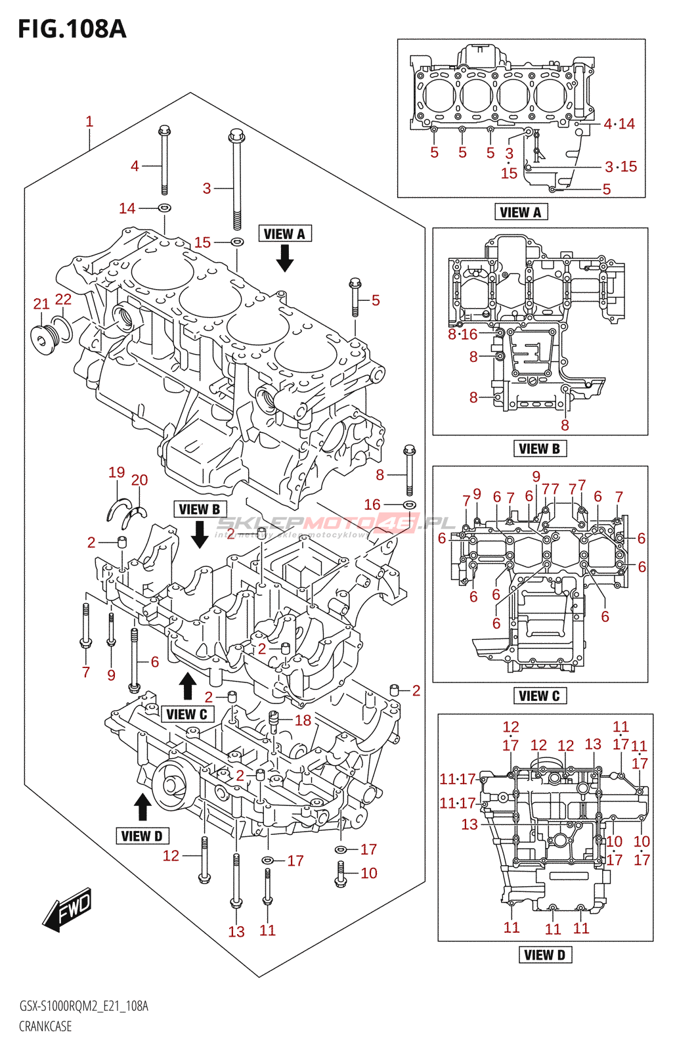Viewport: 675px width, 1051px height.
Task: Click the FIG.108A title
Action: tap(72, 30)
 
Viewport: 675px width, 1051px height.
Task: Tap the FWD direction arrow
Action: tap(67, 910)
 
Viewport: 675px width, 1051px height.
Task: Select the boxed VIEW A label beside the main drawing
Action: tap(284, 234)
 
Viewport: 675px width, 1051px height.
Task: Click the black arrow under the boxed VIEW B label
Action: tap(200, 535)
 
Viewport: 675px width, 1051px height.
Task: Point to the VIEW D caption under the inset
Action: tap(545, 955)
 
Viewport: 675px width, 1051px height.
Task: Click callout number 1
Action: tap(89, 122)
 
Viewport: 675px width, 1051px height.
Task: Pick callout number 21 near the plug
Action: tap(41, 303)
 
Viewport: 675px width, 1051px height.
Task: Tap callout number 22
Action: tap(63, 300)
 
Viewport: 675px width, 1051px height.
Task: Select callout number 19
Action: tap(117, 472)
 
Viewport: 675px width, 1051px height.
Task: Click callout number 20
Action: tap(139, 480)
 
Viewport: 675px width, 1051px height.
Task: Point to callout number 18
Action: tap(303, 721)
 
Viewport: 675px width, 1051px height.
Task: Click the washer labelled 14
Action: tap(165, 208)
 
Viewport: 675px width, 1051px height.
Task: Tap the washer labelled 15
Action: tap(238, 242)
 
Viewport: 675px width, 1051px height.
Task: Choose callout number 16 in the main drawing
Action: tap(372, 504)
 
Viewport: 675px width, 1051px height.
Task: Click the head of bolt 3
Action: tap(236, 137)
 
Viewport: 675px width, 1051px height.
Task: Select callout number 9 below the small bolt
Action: tap(111, 675)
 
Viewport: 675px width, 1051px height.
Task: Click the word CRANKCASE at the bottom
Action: tap(45, 1026)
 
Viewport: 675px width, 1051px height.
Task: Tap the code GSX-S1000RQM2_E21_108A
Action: tap(83, 1006)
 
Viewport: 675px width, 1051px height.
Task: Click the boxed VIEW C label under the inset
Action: tap(539, 696)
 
